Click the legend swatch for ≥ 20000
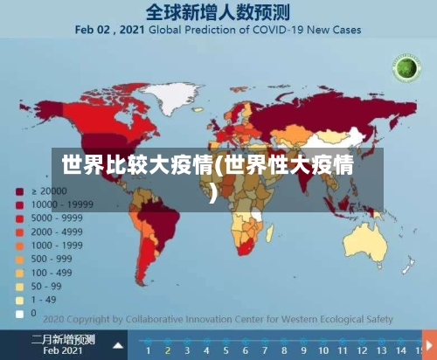click(17, 190)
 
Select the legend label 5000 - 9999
click(57, 218)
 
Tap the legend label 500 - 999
click(52, 259)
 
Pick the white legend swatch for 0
click(17, 312)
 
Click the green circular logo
click(405, 69)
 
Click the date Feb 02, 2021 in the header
click(108, 29)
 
